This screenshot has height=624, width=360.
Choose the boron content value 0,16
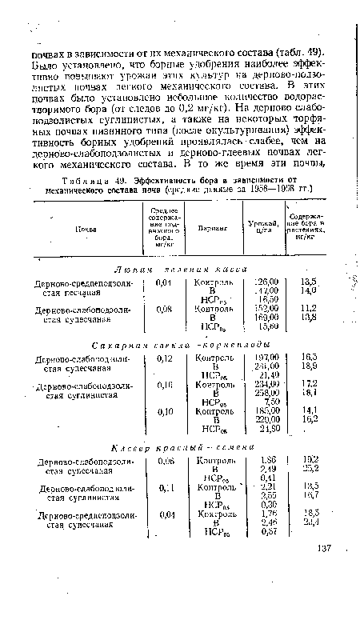166,386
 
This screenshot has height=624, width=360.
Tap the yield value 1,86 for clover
266,481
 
